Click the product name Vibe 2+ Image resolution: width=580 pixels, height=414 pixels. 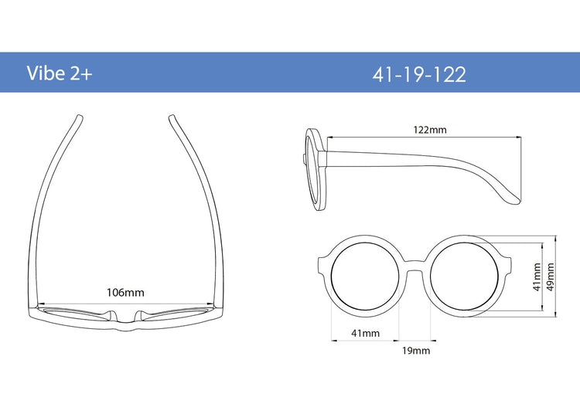click(60, 73)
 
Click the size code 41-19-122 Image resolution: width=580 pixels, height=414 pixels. click(419, 75)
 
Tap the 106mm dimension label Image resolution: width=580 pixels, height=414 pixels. click(125, 293)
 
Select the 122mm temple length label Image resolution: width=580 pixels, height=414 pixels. click(430, 130)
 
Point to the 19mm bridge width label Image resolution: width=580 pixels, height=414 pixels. click(416, 351)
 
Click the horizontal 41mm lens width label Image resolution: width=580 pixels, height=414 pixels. click(366, 333)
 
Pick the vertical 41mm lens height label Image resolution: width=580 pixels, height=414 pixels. click(537, 277)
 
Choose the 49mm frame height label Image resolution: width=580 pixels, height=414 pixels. click(551, 277)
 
